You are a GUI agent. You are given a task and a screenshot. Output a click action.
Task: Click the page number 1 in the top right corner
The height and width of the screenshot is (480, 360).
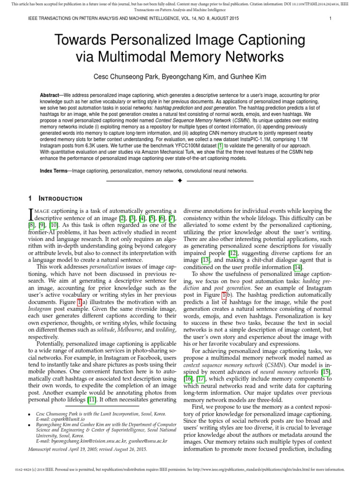coord(330,18)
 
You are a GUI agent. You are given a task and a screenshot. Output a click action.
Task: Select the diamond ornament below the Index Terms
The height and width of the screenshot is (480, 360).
coord(180,181)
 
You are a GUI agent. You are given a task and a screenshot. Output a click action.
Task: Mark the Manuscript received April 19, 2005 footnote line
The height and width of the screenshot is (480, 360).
coord(87,449)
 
